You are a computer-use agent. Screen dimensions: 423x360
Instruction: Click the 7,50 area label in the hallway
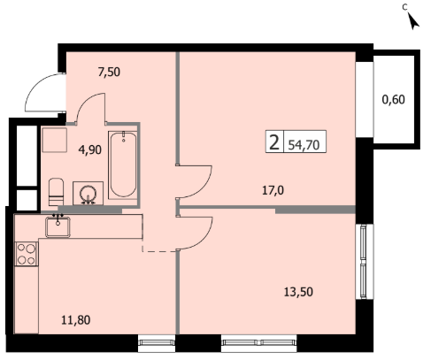109,72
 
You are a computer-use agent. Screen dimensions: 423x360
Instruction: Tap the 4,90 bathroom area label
90,149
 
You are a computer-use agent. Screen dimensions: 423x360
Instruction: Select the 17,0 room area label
273,190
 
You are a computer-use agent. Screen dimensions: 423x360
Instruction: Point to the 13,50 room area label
298,292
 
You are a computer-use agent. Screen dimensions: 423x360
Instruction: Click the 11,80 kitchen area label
76,320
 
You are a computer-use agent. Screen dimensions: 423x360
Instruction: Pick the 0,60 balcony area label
394,100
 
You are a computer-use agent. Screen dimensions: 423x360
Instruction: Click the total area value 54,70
304,145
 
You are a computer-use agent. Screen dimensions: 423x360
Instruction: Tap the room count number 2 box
274,142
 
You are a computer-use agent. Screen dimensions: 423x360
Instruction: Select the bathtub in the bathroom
123,165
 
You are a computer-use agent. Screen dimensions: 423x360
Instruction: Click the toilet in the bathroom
57,192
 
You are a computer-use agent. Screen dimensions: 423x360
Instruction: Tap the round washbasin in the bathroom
88,194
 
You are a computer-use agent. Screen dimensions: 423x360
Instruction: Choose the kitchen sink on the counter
58,226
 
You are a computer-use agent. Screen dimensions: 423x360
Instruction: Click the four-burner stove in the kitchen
27,254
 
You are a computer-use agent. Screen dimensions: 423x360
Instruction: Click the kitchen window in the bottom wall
157,342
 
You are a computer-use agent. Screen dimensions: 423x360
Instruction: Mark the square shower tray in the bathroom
55,140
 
